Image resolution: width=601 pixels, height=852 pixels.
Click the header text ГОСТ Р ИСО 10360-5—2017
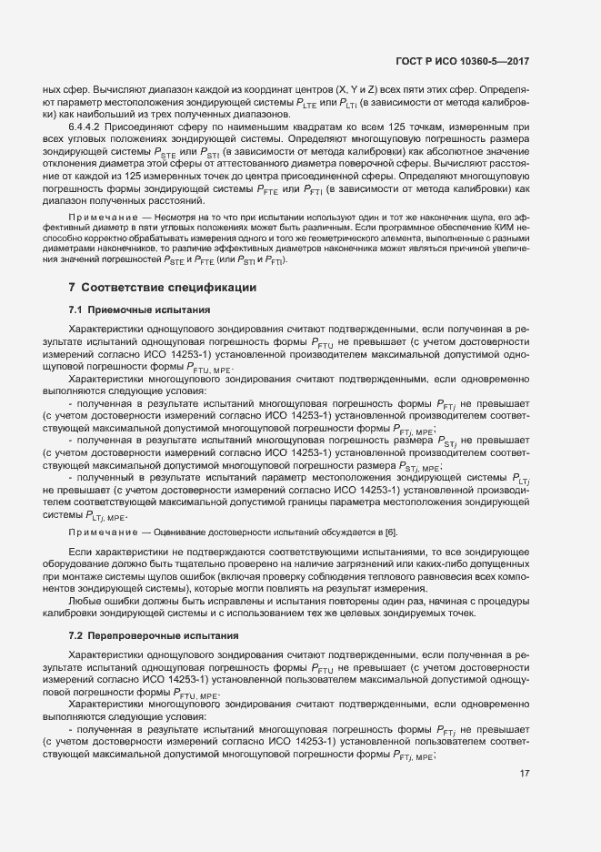click(x=464, y=61)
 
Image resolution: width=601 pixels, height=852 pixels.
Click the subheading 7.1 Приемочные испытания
click(x=140, y=310)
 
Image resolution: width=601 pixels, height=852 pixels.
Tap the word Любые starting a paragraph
click(x=85, y=601)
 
